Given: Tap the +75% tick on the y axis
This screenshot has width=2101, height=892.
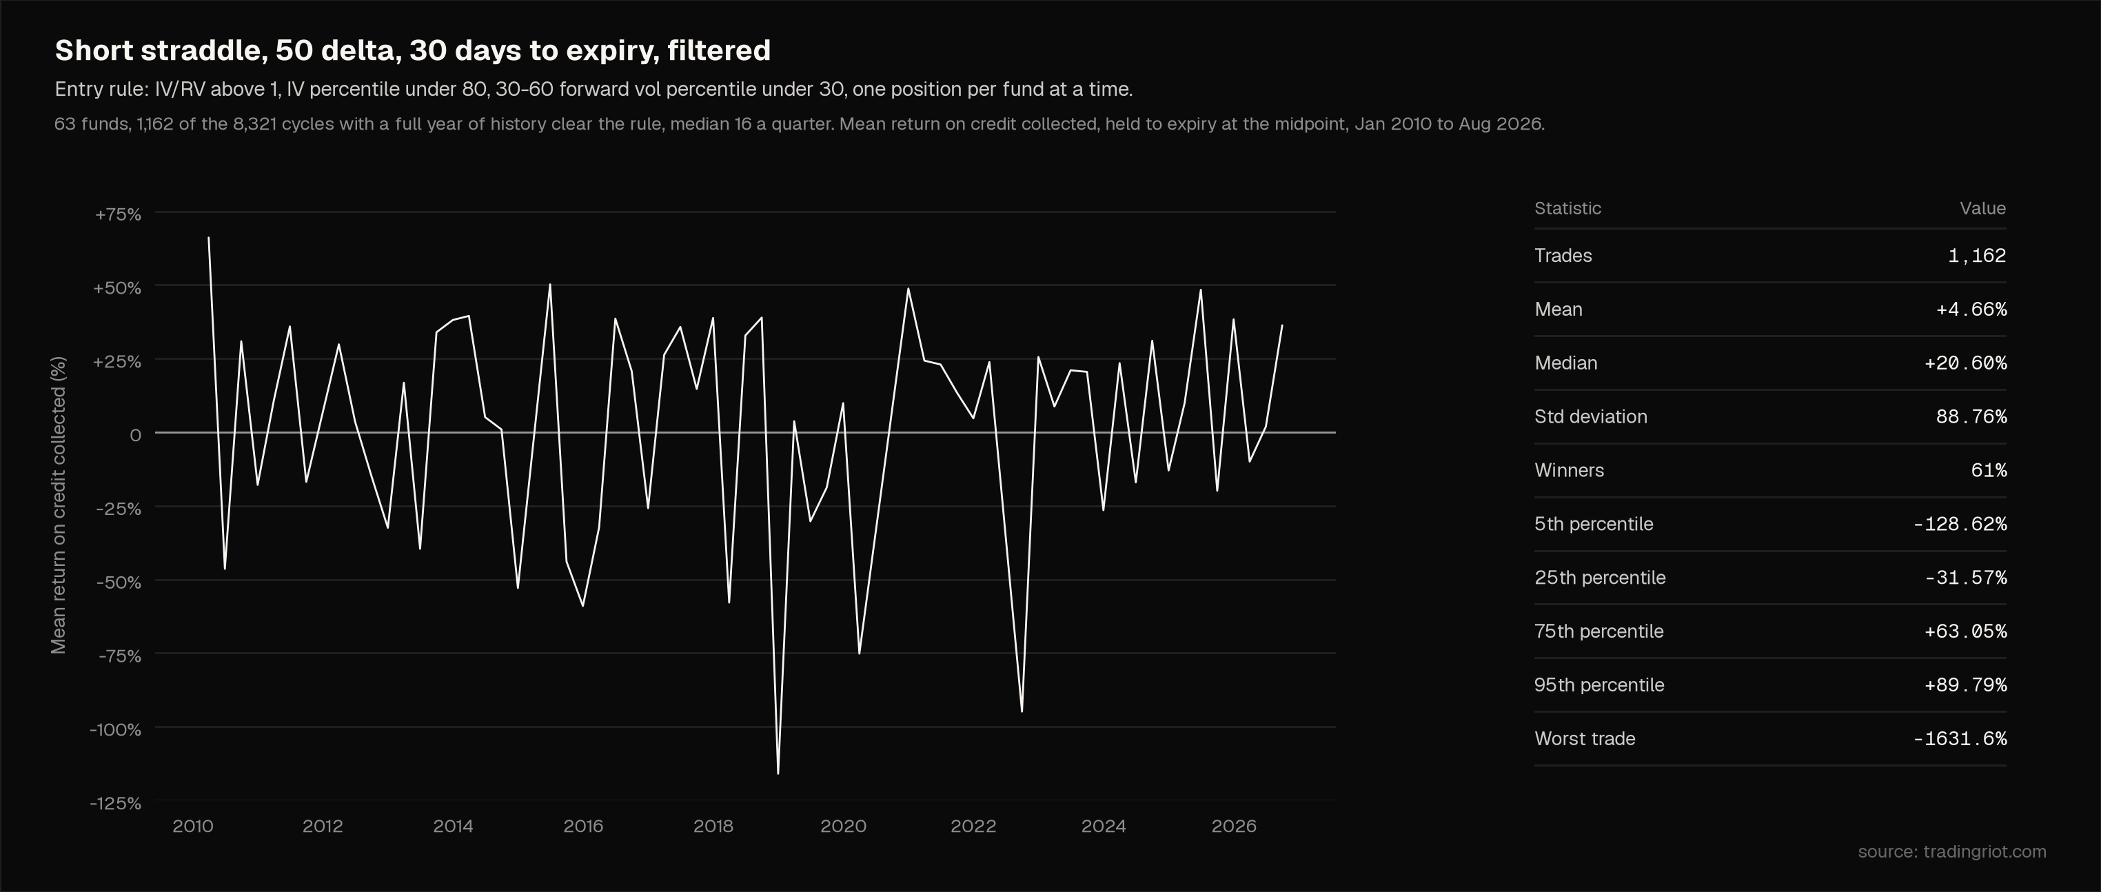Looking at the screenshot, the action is tap(119, 214).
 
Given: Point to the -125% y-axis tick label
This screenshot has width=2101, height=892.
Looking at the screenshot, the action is tap(116, 803).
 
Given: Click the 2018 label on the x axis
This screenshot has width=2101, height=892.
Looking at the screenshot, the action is tap(713, 826).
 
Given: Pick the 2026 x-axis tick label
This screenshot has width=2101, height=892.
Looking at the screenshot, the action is tap(1233, 826).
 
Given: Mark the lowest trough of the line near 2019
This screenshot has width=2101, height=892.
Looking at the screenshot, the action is tap(778, 773).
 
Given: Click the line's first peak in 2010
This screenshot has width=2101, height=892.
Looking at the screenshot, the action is tap(209, 238).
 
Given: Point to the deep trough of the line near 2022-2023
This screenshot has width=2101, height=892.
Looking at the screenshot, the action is tap(1022, 711).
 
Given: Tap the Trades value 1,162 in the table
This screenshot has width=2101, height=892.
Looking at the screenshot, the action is tap(1976, 256).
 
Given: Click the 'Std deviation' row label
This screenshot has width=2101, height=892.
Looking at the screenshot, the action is tap(1590, 416).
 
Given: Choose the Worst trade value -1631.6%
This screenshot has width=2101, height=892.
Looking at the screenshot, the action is tap(1960, 739).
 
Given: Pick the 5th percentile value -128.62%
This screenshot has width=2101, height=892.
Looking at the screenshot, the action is tap(1960, 525).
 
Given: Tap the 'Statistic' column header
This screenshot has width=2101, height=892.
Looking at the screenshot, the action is tap(1567, 208).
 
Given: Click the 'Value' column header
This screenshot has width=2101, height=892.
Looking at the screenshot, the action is tap(1982, 208).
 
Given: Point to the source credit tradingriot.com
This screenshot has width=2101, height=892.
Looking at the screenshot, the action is tap(1951, 852).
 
